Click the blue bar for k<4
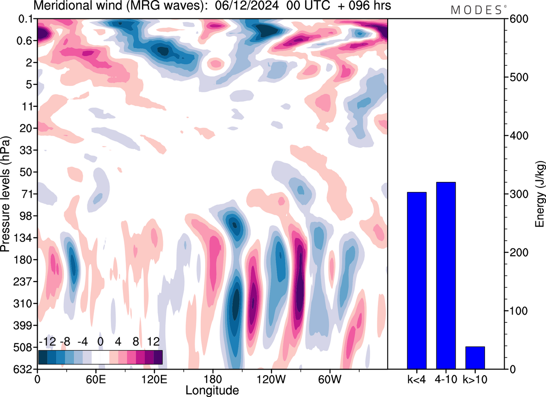(417, 280)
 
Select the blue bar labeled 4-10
(446, 275)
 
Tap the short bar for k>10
(475, 358)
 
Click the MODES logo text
(476, 10)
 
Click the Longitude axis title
(212, 390)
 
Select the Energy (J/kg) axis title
(540, 194)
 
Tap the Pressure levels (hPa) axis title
(6, 194)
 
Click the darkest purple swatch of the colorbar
(158, 357)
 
